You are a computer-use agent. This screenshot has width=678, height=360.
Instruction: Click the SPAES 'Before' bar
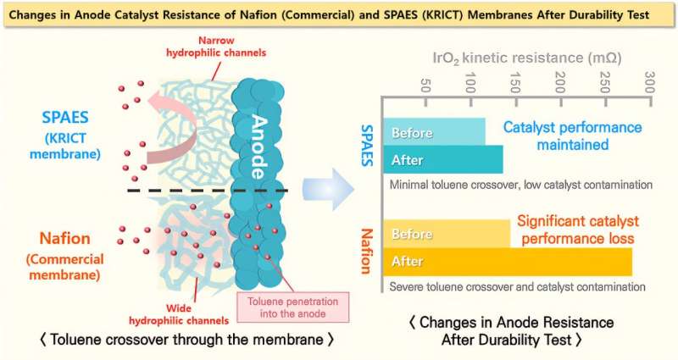[434, 132]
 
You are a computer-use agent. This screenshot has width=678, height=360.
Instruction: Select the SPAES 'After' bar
[442, 159]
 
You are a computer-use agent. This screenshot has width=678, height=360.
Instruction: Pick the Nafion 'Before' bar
[447, 233]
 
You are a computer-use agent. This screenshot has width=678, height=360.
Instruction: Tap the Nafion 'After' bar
[507, 261]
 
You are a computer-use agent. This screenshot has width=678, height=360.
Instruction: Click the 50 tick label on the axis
[425, 86]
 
